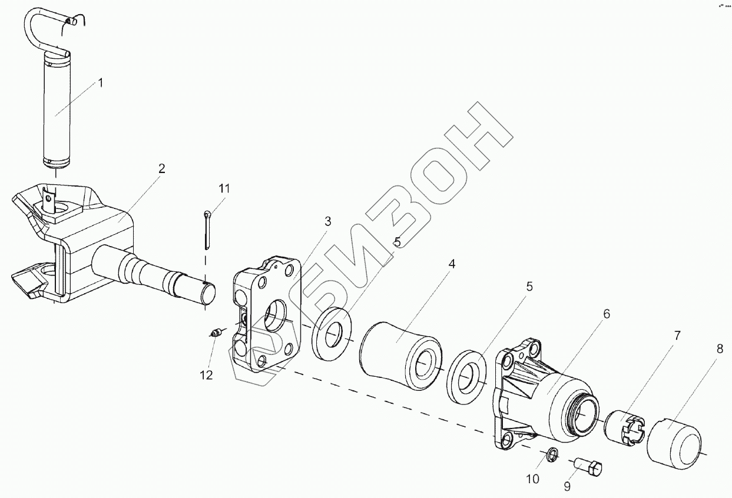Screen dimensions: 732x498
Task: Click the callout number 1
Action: (x=100, y=83)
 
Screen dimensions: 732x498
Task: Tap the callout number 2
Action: (x=161, y=168)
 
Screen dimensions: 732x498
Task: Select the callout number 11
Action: (x=224, y=188)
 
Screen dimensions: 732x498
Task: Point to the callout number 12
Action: (x=206, y=375)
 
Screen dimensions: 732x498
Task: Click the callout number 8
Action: (x=720, y=348)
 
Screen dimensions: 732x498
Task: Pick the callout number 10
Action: (x=532, y=479)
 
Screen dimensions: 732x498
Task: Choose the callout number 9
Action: (x=567, y=486)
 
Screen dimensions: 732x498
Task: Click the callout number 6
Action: (x=606, y=313)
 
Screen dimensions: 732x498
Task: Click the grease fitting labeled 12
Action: (x=216, y=333)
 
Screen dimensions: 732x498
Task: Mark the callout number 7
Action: (x=677, y=336)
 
